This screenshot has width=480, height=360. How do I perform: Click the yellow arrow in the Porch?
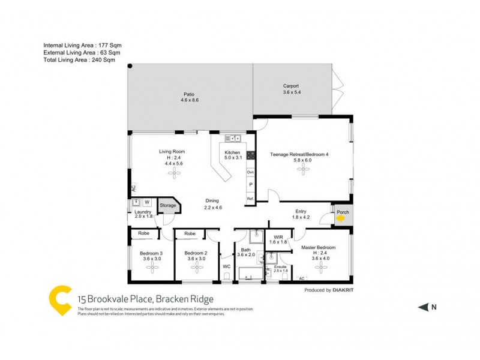340,219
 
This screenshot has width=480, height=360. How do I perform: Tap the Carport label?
291,86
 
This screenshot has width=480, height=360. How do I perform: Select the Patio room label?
189,94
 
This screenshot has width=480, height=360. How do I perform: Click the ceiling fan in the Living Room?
175,174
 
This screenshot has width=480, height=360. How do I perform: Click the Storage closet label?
168,206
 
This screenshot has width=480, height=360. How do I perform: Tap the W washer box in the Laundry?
146,202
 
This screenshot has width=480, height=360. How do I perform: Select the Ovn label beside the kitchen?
250,172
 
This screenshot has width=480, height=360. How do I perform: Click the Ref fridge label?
250,199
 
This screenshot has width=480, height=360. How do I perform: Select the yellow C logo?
61,299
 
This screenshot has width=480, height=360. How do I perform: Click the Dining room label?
212,201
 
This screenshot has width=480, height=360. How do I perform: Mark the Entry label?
301,211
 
